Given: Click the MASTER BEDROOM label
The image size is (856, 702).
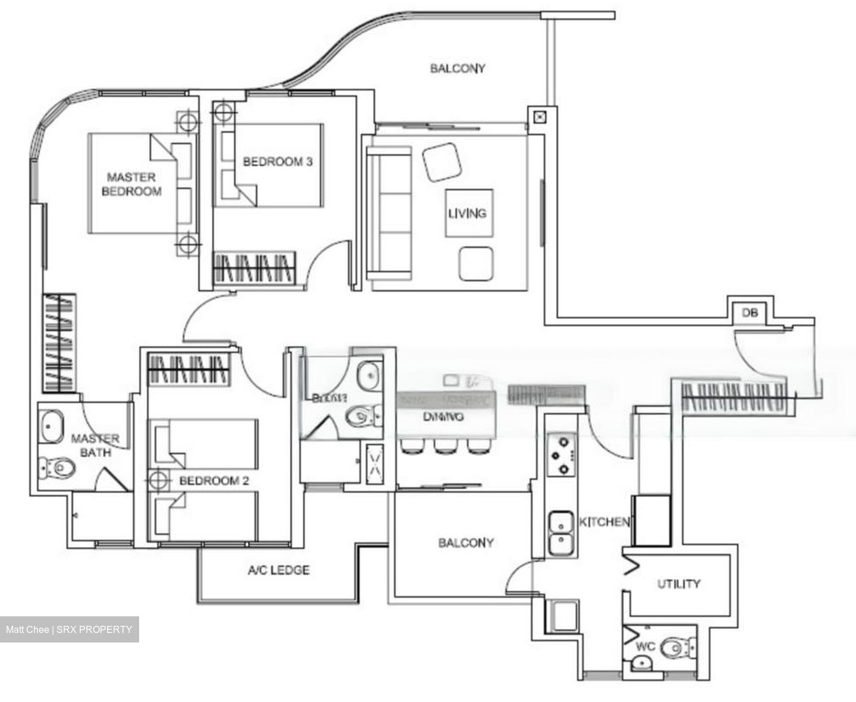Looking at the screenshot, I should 131,184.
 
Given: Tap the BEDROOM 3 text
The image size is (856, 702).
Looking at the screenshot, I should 278,162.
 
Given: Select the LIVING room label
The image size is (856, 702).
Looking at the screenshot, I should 467,213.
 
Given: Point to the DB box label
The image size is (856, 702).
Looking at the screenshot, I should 750,312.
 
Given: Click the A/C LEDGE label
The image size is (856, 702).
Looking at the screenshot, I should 279,571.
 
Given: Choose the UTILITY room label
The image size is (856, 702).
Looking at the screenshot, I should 678,584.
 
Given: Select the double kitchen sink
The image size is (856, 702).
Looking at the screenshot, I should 561,533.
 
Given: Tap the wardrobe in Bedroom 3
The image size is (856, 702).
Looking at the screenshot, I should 254,267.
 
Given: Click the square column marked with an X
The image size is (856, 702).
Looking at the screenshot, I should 539,117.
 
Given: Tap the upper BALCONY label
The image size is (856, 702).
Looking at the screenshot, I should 457,68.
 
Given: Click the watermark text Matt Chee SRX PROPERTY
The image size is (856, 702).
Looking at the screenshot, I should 69,629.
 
